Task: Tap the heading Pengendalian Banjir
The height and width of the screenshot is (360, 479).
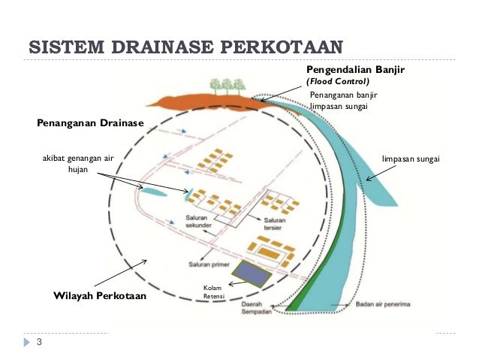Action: tap(355, 69)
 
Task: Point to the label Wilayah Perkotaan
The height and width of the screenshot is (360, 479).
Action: tap(100, 296)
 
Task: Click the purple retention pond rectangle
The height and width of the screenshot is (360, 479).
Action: tap(252, 274)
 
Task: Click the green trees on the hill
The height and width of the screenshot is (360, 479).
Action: tap(226, 86)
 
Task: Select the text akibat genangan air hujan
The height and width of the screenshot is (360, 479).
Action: tap(79, 165)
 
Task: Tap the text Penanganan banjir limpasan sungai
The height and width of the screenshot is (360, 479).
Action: tap(343, 102)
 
